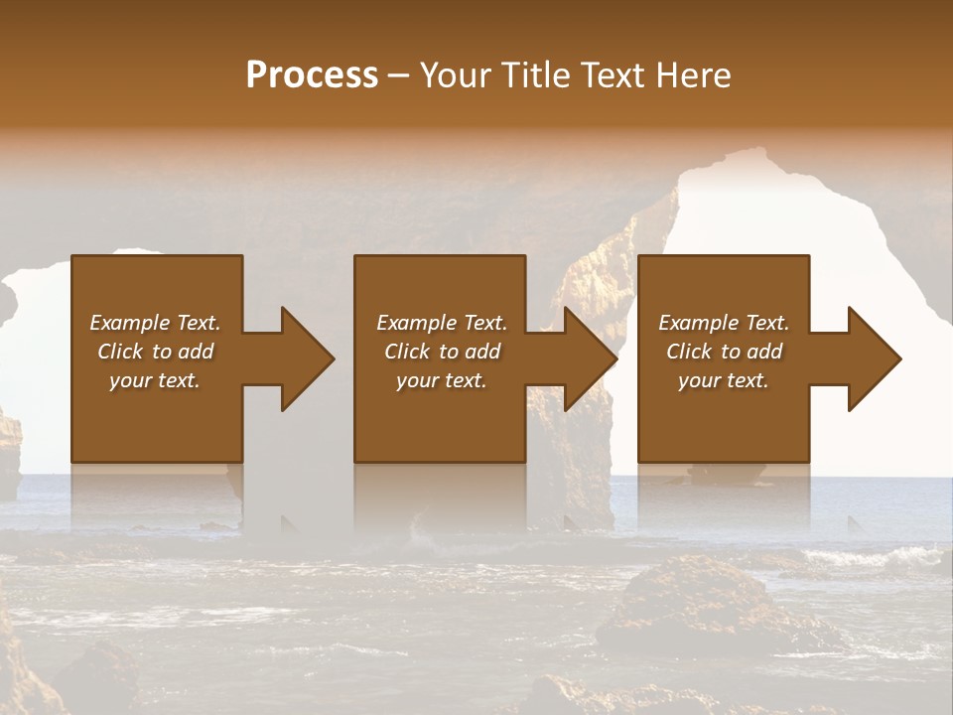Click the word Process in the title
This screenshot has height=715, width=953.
tap(312, 74)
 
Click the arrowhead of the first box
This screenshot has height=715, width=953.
tap(308, 358)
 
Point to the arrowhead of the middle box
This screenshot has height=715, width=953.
tap(591, 358)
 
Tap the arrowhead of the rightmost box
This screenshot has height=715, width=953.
tap(875, 358)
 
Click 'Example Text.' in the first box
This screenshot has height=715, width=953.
tap(155, 323)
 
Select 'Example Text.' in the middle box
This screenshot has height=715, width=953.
tap(442, 323)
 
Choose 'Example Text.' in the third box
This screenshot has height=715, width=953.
tap(724, 323)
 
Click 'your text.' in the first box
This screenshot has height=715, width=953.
tap(155, 380)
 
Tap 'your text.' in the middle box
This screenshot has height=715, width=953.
tap(442, 380)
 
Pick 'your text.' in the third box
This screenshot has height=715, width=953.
tap(724, 380)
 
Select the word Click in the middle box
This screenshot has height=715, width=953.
tap(408, 352)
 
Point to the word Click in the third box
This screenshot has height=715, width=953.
tap(690, 352)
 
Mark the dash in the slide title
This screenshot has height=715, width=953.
tap(399, 76)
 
